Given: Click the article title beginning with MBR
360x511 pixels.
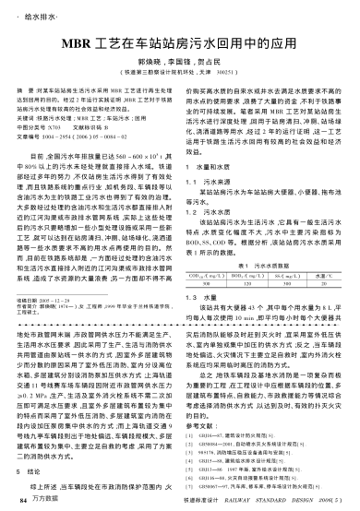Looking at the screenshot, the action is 179,43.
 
